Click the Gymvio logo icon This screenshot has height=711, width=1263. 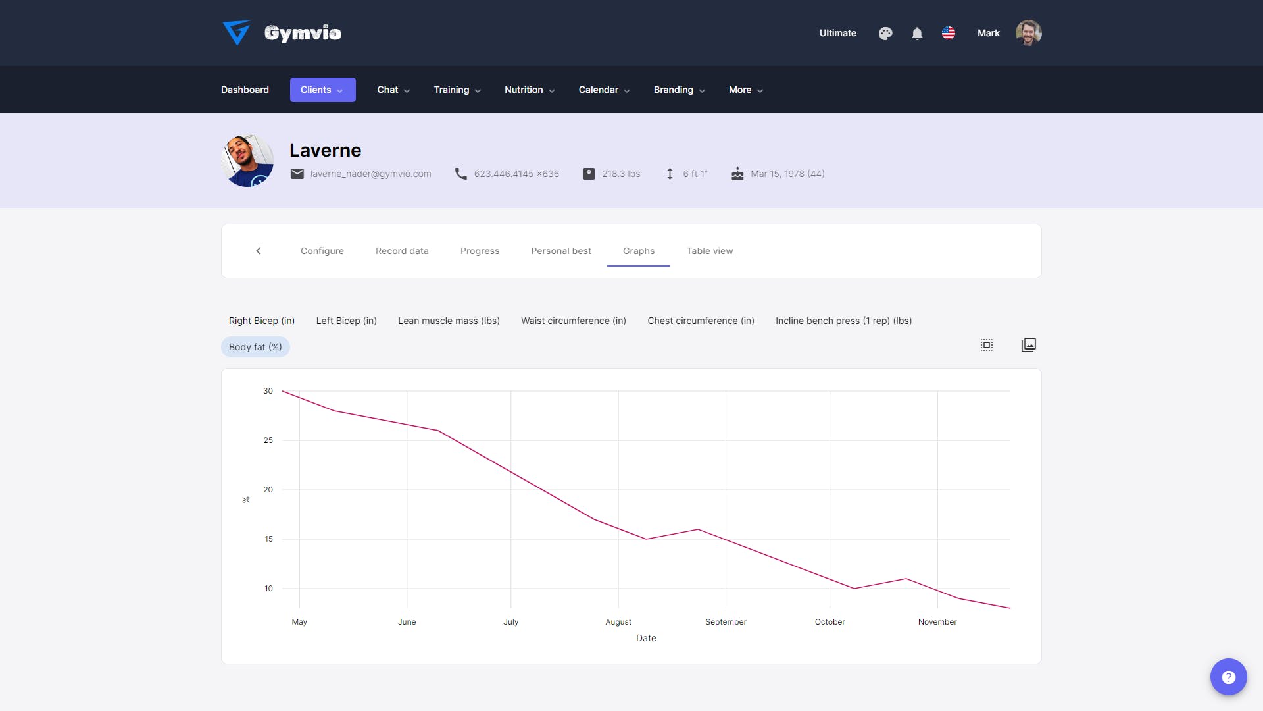[236, 32]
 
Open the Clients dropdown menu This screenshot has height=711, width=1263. [322, 90]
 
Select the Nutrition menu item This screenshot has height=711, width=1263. [530, 90]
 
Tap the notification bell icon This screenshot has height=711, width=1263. [917, 33]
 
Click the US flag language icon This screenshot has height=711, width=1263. [949, 33]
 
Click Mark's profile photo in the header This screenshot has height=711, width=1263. [1028, 33]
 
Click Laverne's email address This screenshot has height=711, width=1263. [370, 174]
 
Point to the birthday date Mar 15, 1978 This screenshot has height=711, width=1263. [778, 174]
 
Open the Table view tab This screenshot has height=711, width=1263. [709, 251]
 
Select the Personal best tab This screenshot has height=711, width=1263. [561, 251]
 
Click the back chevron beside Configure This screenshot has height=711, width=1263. [259, 251]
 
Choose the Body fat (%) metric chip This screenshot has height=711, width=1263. [255, 347]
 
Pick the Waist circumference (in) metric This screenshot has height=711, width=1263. [574, 321]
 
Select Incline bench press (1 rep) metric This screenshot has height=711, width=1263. [843, 321]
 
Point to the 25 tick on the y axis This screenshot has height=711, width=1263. [268, 440]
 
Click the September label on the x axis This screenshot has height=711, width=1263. [726, 622]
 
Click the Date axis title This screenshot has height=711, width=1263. [646, 638]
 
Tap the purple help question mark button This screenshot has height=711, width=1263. [1228, 677]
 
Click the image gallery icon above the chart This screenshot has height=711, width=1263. [1028, 345]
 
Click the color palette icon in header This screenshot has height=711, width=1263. [885, 33]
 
